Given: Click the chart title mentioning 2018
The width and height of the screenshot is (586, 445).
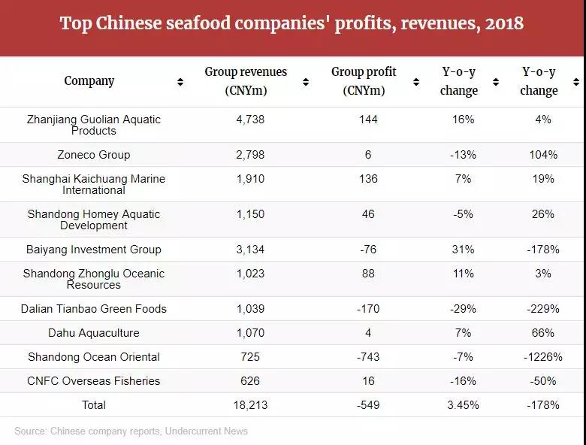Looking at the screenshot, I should coord(291,23).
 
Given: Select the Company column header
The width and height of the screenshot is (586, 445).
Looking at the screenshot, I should coord(89,81).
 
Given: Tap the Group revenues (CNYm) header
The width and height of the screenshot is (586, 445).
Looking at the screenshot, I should coord(246,81).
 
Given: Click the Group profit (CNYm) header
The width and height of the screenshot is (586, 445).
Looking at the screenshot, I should coord(364,81).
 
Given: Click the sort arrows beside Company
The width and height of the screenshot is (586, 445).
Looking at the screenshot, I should coord(180,82).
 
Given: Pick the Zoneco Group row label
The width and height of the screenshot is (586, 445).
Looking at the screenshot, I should coord(94,155).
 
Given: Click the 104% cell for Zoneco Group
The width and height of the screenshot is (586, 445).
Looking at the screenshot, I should coord(542,155).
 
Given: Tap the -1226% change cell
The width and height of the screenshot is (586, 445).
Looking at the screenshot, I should coord(542,357).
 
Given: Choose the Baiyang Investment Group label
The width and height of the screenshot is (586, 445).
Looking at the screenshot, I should coord(94,250).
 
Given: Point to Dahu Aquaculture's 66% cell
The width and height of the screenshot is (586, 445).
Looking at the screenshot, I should coord(542,333).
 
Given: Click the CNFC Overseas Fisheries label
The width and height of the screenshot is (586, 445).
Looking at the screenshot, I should coord(94,381).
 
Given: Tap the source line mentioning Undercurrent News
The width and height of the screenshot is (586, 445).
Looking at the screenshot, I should coord(131,431).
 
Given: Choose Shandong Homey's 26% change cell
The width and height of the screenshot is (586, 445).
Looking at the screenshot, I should coord(542,214).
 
